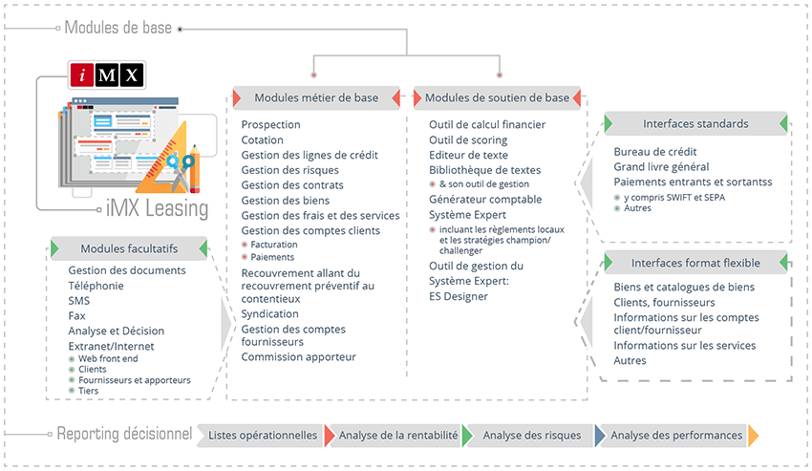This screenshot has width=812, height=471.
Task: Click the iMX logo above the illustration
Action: (x=106, y=75)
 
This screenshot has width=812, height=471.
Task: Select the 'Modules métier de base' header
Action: (x=316, y=97)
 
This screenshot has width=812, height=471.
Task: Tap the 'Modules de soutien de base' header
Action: (x=497, y=97)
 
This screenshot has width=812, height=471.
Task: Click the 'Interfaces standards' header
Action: (x=695, y=123)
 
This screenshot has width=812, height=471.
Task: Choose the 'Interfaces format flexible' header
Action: (x=695, y=262)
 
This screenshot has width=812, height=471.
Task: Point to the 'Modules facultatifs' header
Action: (x=129, y=248)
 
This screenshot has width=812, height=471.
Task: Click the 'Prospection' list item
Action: (x=270, y=124)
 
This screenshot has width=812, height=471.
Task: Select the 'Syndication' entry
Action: (x=269, y=313)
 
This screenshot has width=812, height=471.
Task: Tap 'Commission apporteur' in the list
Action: (x=298, y=356)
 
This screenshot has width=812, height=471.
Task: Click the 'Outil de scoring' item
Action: (x=468, y=139)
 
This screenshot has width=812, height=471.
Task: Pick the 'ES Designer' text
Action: (x=459, y=296)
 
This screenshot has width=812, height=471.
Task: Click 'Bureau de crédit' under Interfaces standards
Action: (x=654, y=151)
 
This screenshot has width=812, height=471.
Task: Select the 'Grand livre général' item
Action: (x=661, y=166)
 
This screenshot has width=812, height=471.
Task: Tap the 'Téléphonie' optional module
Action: (x=96, y=285)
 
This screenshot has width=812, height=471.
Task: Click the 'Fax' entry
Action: (x=76, y=315)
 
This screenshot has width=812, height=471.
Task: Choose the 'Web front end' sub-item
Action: (x=108, y=358)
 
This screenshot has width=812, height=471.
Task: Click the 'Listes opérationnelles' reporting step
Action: (x=262, y=435)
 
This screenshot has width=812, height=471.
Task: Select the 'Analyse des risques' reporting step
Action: (x=531, y=435)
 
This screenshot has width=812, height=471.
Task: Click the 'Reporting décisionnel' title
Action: (x=124, y=434)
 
